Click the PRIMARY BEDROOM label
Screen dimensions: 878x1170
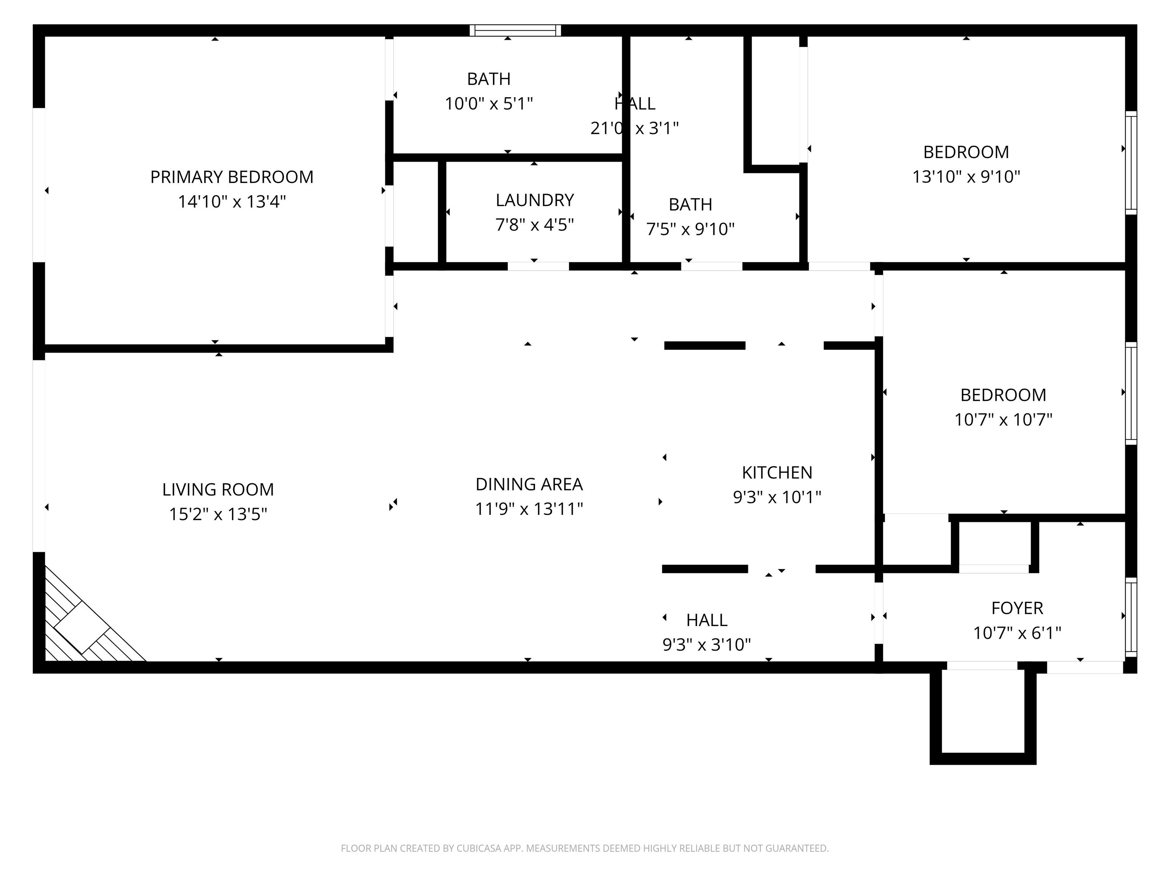(232, 177)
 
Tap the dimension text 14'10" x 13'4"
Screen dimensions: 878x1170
(232, 202)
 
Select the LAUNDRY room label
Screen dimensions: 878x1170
(534, 200)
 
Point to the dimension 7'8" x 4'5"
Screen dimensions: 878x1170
(534, 225)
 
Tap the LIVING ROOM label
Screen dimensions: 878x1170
(218, 490)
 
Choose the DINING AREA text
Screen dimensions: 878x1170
(529, 484)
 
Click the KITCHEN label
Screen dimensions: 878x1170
(777, 473)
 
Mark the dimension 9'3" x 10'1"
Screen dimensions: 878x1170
(777, 497)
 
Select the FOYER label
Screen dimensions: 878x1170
(1017, 608)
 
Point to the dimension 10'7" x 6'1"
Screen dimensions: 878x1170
(1017, 633)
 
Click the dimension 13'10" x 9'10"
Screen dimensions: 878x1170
(966, 177)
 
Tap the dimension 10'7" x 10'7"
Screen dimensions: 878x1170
(1003, 420)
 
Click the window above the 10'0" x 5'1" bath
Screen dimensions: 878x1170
(515, 30)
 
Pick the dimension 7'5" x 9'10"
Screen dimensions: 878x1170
(690, 229)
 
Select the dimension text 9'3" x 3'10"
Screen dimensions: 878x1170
(706, 645)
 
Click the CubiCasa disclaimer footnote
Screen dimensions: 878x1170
(585, 848)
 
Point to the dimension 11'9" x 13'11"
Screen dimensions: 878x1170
(529, 509)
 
